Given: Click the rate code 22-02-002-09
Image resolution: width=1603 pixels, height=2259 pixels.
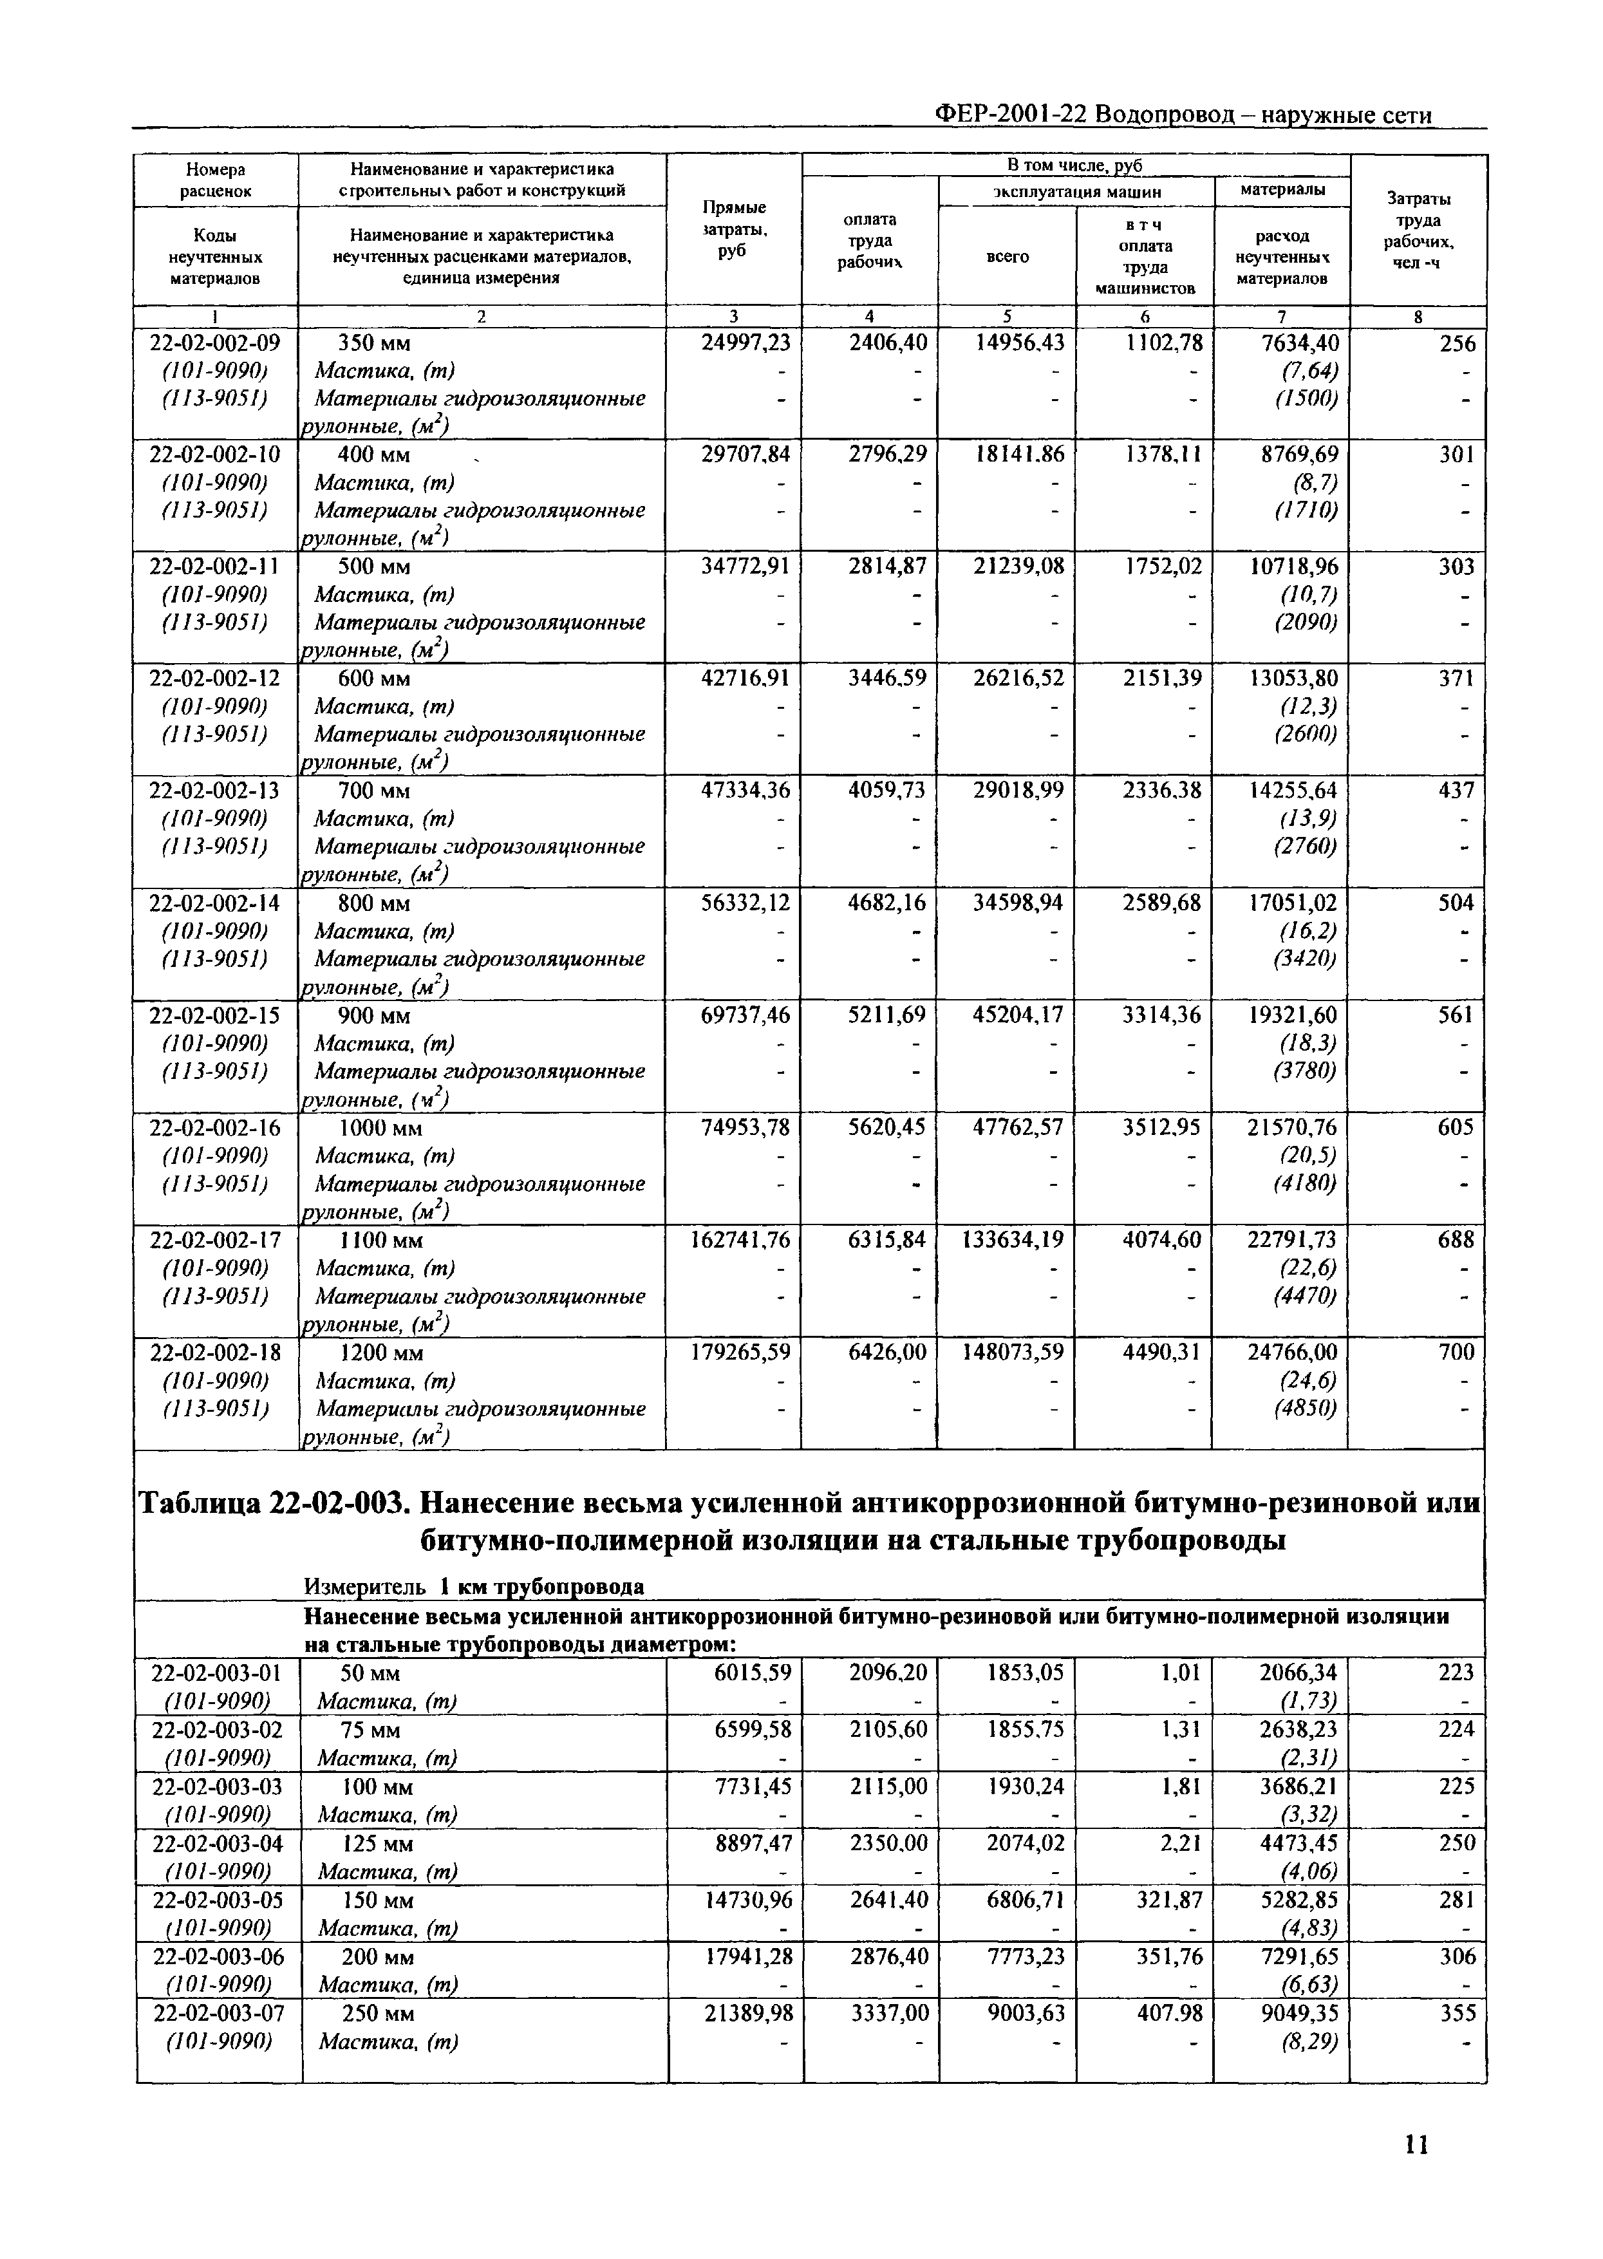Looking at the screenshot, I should pyautogui.click(x=214, y=342).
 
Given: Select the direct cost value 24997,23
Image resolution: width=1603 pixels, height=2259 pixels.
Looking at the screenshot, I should pyautogui.click(x=745, y=342).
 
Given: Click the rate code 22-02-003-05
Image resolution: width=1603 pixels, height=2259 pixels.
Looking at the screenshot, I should pyautogui.click(x=216, y=1900).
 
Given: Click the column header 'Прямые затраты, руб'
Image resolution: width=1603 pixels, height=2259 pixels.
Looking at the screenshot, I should pyautogui.click(x=733, y=229).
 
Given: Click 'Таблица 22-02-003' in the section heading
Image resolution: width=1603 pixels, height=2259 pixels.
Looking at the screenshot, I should pyautogui.click(x=272, y=1503).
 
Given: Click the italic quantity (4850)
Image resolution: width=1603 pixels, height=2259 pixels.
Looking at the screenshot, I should pyautogui.click(x=1305, y=1407).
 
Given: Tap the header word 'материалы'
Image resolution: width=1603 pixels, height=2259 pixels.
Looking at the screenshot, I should pyautogui.click(x=1282, y=189).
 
